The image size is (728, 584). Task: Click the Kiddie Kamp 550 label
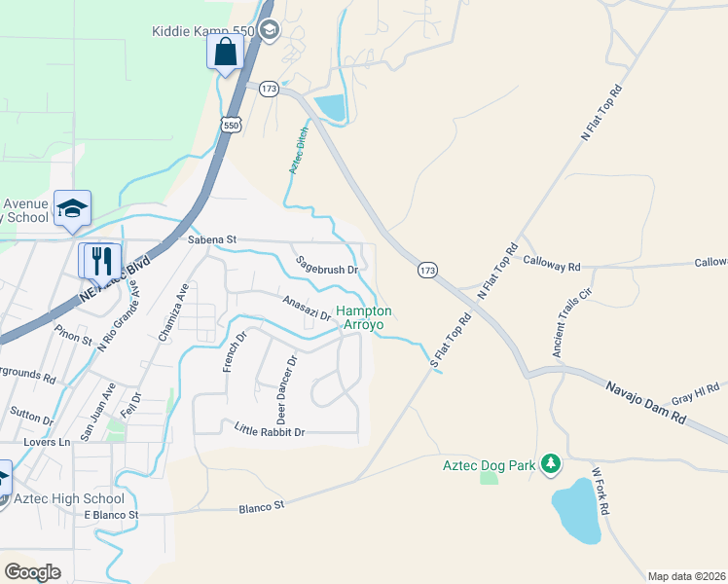203,31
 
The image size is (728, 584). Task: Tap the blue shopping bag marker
225,52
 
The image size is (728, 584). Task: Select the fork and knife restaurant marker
99,260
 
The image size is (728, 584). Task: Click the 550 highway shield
231,125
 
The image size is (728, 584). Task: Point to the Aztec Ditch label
298,150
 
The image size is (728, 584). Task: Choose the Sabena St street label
212,238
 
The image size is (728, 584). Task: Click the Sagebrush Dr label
327,263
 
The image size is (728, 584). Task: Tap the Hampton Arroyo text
364,318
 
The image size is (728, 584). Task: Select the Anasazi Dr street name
307,309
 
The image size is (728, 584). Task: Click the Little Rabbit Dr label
270,429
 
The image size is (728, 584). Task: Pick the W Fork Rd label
600,493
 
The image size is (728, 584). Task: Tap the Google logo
32,571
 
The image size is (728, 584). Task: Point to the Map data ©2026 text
686,576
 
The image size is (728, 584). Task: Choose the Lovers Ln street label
51,442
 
